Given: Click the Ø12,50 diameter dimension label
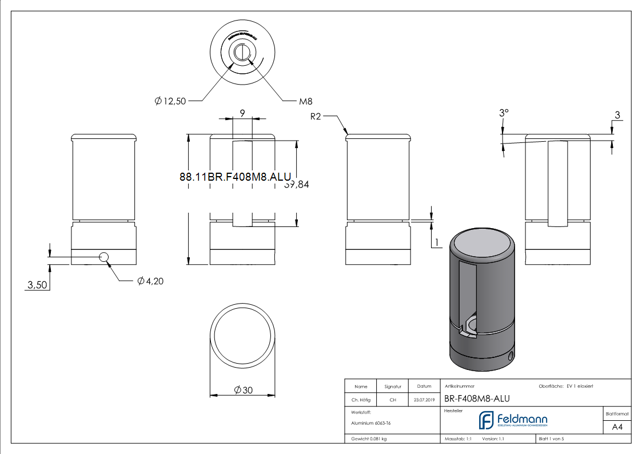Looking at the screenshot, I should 170,101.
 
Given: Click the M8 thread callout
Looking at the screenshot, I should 305,101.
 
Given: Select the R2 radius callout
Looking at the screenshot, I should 317,117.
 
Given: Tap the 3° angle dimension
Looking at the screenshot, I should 503,113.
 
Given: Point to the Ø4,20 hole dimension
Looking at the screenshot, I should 150,281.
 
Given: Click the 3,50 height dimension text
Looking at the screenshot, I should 37,284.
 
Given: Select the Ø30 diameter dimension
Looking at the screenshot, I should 244,390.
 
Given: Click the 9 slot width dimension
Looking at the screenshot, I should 242,114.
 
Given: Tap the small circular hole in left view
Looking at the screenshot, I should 104,257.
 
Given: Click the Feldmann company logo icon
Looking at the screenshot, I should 486,420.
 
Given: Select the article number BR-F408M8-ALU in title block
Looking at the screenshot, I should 477,399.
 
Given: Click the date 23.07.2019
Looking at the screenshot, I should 424,400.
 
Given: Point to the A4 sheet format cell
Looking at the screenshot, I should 617,427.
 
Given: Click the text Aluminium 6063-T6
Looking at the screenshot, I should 371,423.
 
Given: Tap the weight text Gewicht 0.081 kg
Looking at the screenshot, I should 369,439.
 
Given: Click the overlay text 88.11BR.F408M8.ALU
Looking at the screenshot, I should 236,177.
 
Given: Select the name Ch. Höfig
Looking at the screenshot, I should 360,400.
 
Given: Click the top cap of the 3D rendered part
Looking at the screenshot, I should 483,245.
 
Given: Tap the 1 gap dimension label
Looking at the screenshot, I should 437,243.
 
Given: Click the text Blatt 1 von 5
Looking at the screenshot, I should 551,439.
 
